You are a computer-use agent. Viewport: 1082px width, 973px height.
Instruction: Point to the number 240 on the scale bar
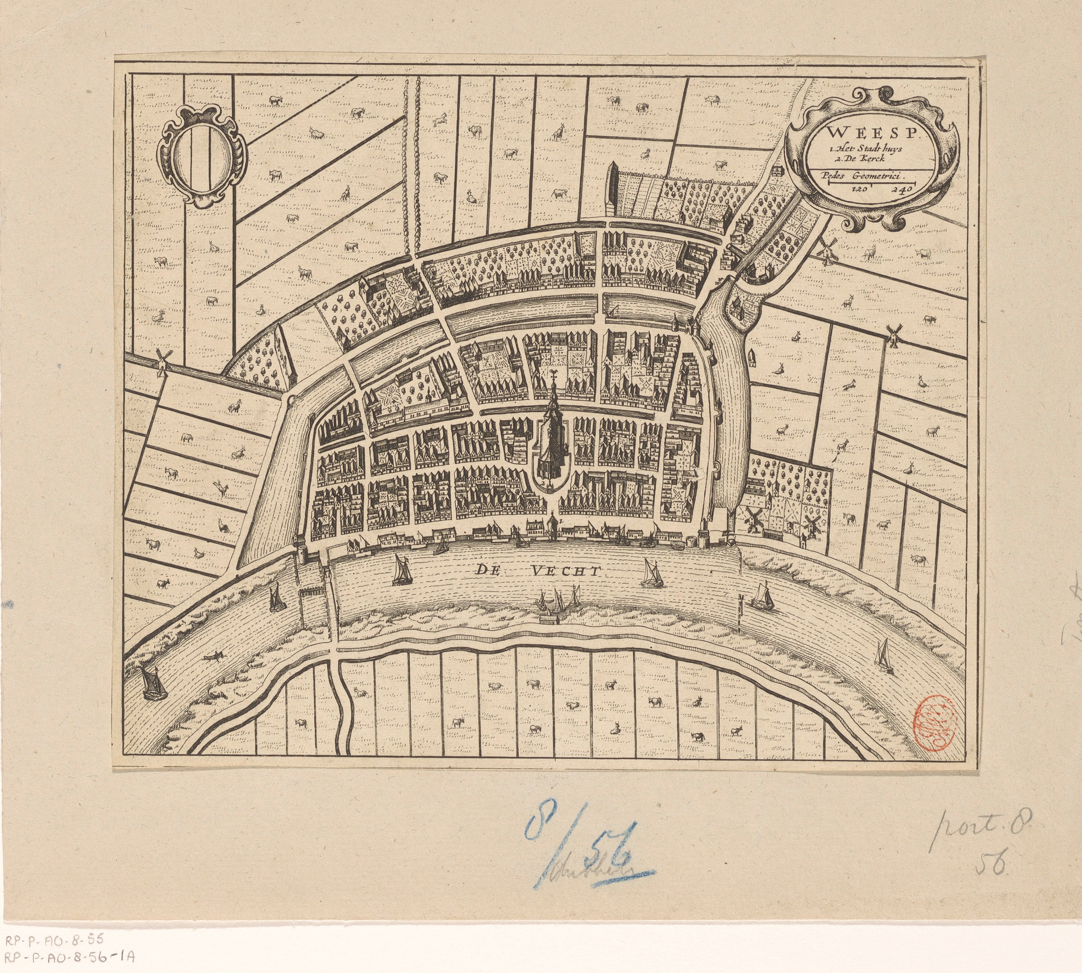[902, 189]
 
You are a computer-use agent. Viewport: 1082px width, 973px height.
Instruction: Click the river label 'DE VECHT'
[540, 571]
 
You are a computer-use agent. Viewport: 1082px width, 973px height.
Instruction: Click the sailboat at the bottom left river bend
[152, 684]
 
